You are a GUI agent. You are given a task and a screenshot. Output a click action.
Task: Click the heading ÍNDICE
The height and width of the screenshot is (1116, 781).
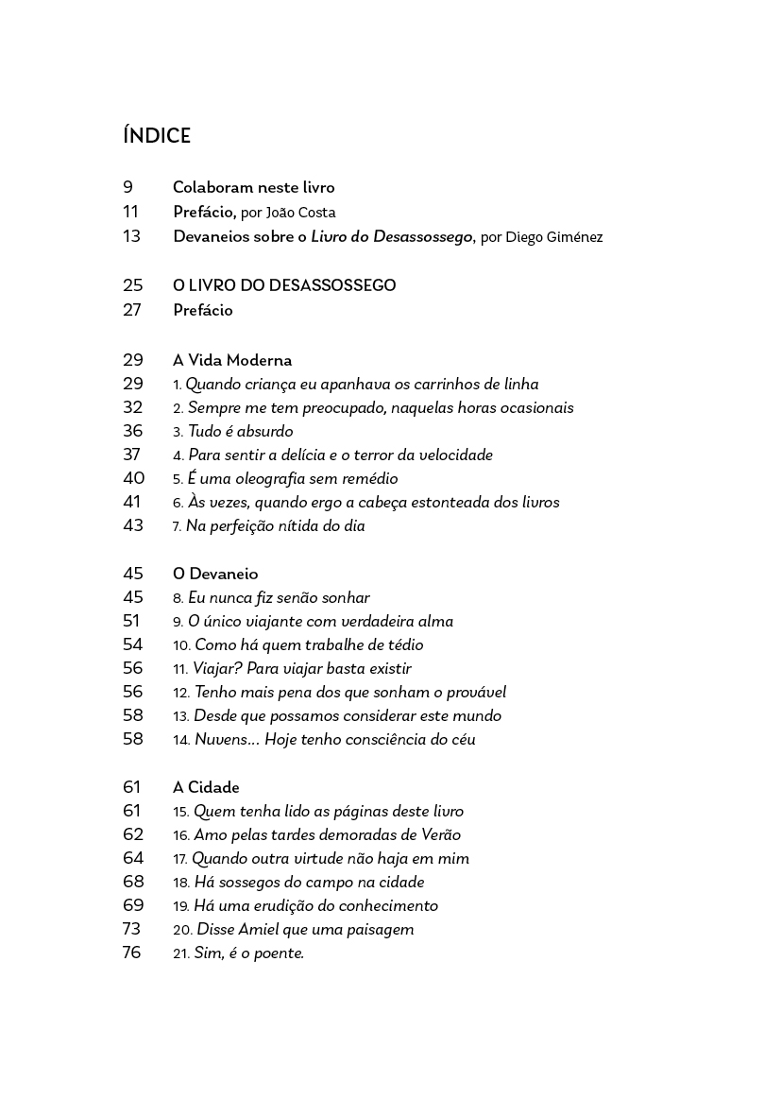157,136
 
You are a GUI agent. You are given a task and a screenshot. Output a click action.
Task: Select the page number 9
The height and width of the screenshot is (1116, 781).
127,187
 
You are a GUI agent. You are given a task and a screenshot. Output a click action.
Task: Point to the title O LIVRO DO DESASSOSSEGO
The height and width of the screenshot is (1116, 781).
284,285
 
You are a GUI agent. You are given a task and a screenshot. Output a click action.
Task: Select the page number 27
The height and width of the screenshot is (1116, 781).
132,310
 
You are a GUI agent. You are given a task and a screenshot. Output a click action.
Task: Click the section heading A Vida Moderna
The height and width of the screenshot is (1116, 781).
232,360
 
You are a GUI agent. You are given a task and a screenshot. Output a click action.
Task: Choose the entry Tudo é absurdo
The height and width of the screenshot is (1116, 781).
240,432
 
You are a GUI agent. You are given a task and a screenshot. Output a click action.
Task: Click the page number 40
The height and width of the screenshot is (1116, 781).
133,479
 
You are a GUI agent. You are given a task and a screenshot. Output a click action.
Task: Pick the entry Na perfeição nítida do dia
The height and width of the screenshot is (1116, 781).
275,526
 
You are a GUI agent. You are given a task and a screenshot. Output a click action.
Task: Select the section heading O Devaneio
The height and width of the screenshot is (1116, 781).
215,574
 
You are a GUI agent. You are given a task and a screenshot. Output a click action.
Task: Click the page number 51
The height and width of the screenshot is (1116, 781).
131,621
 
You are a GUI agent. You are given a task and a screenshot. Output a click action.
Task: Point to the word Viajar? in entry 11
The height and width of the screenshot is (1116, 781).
217,669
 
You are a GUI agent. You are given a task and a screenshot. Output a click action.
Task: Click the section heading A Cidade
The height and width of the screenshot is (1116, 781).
206,787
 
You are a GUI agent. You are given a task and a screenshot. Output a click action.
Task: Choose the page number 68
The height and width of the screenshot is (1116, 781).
133,882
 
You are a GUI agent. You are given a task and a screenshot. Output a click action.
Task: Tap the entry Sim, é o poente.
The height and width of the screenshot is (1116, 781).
248,953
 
